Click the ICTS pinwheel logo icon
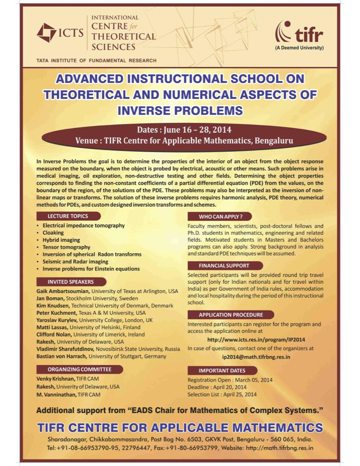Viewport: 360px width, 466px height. [x=46, y=33]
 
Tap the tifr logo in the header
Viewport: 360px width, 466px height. [x=299, y=33]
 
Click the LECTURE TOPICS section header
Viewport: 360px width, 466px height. [x=68, y=216]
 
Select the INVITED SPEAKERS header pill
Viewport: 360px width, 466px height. [x=71, y=282]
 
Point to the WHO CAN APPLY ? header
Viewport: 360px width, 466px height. [x=220, y=216]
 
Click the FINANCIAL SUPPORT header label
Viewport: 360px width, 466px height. [x=224, y=266]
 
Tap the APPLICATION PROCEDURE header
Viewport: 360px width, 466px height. [x=231, y=315]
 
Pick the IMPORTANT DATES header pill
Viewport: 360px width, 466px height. [x=222, y=371]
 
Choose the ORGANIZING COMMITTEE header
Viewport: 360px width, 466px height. [x=80, y=369]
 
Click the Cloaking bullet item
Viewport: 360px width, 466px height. [x=53, y=233]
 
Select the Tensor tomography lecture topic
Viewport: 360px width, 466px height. [x=66, y=247]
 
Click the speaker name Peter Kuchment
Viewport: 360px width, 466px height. [x=56, y=313]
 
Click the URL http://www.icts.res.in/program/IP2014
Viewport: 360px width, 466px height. [x=256, y=339]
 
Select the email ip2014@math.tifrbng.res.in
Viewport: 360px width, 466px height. [x=256, y=357]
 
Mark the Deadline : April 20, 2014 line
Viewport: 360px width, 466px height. [x=217, y=387]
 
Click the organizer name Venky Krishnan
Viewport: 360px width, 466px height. [x=56, y=379]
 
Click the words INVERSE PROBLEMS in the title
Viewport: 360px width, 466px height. [x=180, y=111]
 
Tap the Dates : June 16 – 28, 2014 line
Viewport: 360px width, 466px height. [x=184, y=130]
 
